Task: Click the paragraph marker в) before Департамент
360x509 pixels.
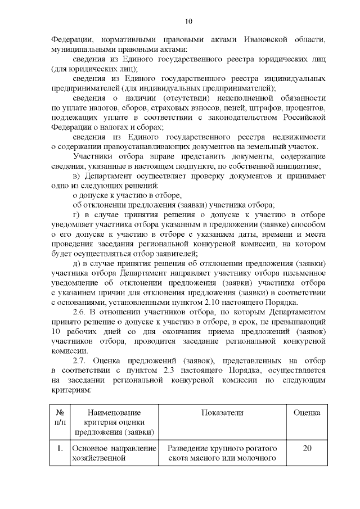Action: click(x=78, y=176)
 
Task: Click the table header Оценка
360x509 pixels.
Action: click(x=307, y=413)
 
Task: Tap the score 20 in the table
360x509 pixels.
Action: click(x=307, y=449)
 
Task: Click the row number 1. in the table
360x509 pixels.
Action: click(x=59, y=449)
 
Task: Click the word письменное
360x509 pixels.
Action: click(x=300, y=273)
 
